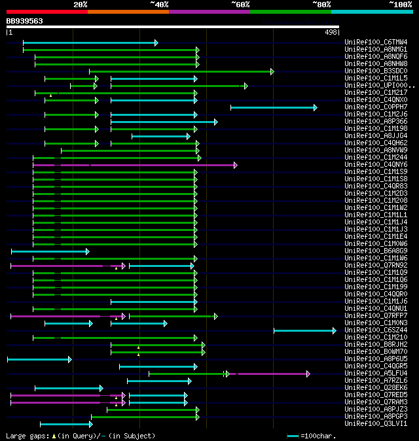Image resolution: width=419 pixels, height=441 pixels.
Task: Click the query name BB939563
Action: click(x=24, y=21)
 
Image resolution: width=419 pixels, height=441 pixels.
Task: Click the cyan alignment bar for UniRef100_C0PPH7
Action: click(x=272, y=107)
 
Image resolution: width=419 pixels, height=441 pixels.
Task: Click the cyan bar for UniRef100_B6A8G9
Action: click(x=49, y=251)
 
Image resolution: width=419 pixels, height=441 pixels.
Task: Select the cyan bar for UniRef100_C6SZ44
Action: click(x=304, y=330)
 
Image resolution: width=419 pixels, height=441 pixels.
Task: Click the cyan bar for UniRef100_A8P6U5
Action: click(x=39, y=359)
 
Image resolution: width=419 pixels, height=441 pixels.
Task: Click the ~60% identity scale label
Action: click(x=240, y=5)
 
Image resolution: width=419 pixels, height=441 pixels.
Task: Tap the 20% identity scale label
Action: click(x=81, y=5)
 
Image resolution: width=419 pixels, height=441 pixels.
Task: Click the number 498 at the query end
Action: click(x=331, y=31)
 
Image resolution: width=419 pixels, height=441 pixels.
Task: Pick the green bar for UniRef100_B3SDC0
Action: click(x=180, y=71)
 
